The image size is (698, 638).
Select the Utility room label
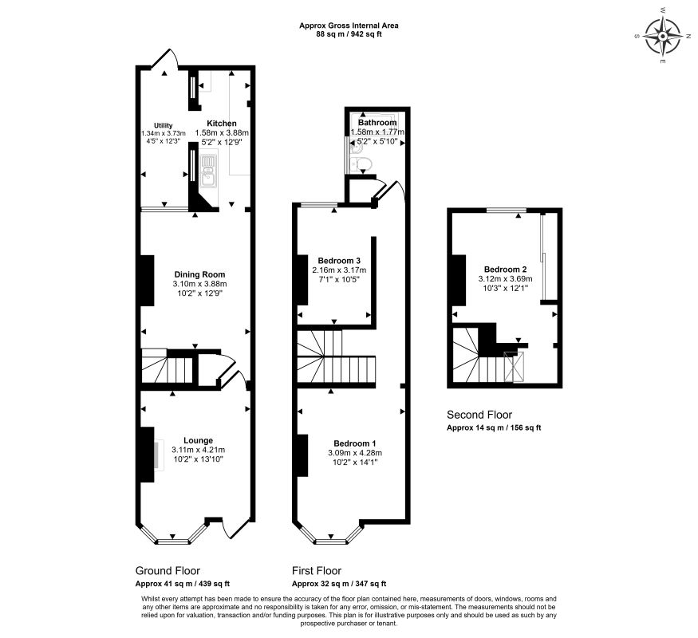164,125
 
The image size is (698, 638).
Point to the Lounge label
198,439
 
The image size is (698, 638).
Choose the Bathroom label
378,123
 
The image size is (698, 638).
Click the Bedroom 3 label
339,261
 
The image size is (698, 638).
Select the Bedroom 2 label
503,269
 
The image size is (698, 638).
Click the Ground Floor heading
168,571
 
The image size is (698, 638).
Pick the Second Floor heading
479,415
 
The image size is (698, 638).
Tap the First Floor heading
317,571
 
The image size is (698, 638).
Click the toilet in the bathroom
363,164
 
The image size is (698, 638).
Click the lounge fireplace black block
147,455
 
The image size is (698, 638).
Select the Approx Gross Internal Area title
349,26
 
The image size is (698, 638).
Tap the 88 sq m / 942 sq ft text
349,34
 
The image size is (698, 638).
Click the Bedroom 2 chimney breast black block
459,280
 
